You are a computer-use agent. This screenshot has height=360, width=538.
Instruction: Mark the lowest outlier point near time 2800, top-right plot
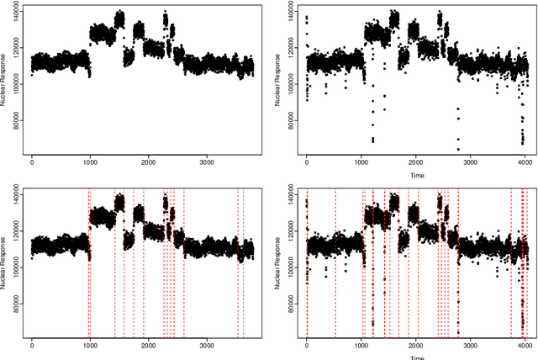tap(458, 149)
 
